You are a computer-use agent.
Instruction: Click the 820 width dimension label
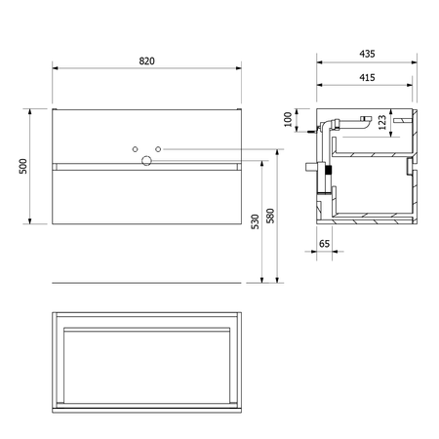[x=146, y=61]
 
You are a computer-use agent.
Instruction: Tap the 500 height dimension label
[x=23, y=166]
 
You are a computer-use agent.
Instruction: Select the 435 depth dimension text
[x=367, y=54]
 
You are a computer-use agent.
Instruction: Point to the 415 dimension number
[x=367, y=77]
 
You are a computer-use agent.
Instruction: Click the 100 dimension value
[x=288, y=119]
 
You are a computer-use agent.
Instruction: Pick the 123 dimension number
[x=382, y=122]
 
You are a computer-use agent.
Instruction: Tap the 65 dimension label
[x=324, y=244]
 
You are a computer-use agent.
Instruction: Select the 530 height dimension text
[x=256, y=221]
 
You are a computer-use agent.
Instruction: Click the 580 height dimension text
[x=270, y=216]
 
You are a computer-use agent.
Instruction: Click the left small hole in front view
[x=135, y=149]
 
